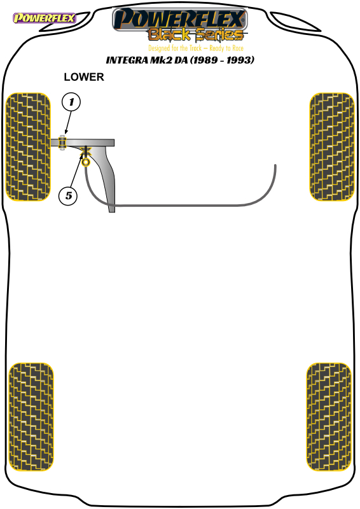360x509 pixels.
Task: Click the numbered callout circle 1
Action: pyautogui.click(x=71, y=102)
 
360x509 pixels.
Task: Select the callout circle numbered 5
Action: pyautogui.click(x=68, y=196)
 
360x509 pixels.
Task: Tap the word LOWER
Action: pyautogui.click(x=84, y=77)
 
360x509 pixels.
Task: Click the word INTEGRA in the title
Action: pyautogui.click(x=127, y=60)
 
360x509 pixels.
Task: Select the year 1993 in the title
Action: pyautogui.click(x=239, y=60)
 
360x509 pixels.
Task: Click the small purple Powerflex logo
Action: pyautogui.click(x=44, y=18)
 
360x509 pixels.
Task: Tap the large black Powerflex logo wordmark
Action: pyautogui.click(x=180, y=19)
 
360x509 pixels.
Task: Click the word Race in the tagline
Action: pyautogui.click(x=238, y=48)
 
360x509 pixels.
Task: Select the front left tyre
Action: pyautogui.click(x=28, y=147)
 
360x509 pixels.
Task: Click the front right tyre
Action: pyautogui.click(x=332, y=147)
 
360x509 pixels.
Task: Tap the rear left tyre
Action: pyautogui.click(x=31, y=417)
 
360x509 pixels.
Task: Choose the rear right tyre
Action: pyautogui.click(x=329, y=417)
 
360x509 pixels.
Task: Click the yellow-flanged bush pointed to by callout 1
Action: pyautogui.click(x=62, y=143)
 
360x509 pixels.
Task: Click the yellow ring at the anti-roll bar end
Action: pyautogui.click(x=86, y=162)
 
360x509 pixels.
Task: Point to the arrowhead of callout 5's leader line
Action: pyautogui.click(x=82, y=155)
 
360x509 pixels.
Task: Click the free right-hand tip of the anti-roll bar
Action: pyautogui.click(x=275, y=165)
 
